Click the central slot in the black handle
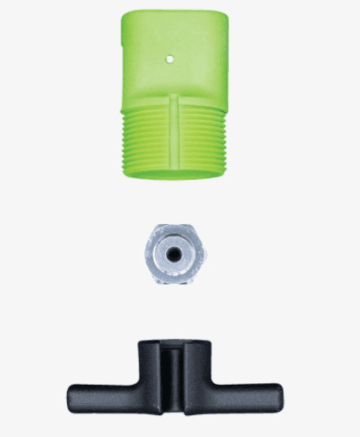(177, 374)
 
